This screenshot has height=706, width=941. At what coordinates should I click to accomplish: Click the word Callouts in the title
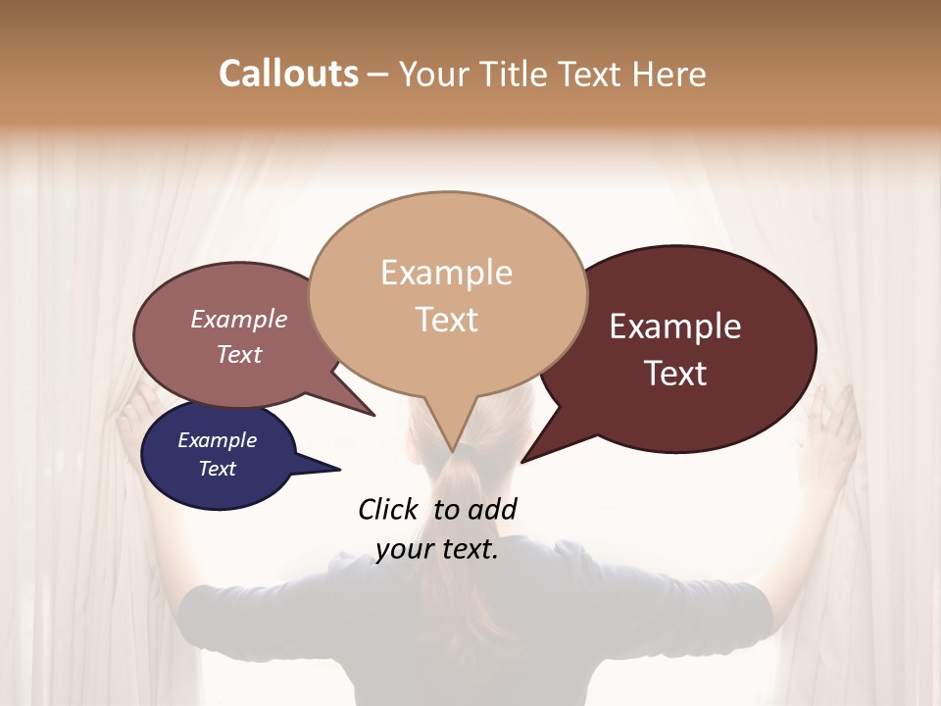[x=288, y=74]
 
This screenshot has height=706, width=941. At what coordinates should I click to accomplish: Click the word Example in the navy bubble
[x=217, y=440]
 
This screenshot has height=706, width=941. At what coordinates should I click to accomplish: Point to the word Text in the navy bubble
[x=217, y=469]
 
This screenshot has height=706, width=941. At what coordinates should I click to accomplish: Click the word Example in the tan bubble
[x=446, y=273]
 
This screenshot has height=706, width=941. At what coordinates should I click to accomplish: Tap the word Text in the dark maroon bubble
[x=675, y=374]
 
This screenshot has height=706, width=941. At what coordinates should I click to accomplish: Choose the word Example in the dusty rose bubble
[x=239, y=319]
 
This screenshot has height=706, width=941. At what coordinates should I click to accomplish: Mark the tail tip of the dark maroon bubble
[x=522, y=461]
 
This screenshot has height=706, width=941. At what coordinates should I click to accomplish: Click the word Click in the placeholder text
[x=390, y=509]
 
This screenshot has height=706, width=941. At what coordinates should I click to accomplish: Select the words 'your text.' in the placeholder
[x=437, y=549]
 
